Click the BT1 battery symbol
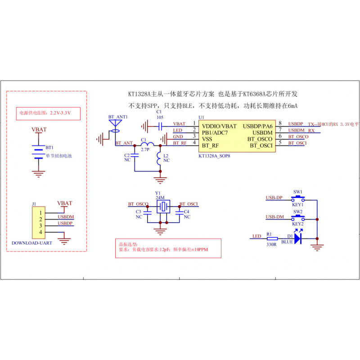click(x=39, y=151)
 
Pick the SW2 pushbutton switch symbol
click(x=298, y=218)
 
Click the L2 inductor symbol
click(x=159, y=159)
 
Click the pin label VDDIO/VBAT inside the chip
click(x=219, y=126)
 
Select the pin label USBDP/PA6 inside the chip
click(x=257, y=126)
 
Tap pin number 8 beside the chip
click(x=280, y=123)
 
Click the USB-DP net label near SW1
click(x=274, y=198)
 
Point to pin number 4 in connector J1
click(x=40, y=232)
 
